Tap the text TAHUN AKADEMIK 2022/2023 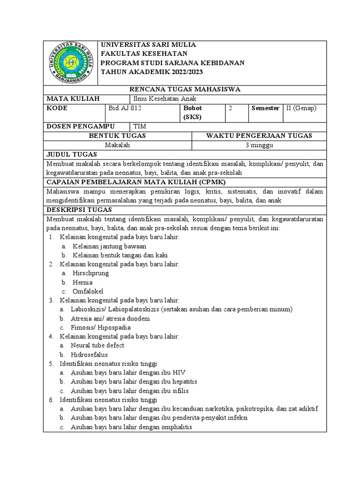coord(153,71)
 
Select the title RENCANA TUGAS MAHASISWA coord(184,89)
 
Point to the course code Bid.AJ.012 coord(125,108)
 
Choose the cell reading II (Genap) coord(301,108)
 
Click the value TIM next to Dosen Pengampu coord(140,126)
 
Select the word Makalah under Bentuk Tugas coord(117,145)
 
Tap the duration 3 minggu coord(259,145)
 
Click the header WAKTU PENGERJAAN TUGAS coord(259,135)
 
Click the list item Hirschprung coord(90,273)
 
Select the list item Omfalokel coord(88,291)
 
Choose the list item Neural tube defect coord(97,345)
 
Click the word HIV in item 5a coord(179,372)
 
